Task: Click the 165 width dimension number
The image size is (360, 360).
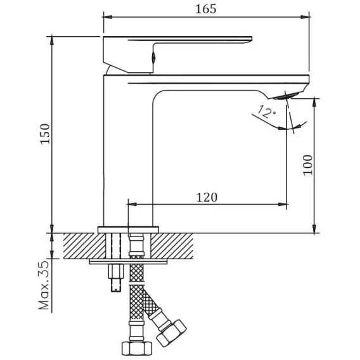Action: [x=206, y=9]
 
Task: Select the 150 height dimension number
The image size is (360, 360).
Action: [x=45, y=134]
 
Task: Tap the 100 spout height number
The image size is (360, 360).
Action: [x=307, y=165]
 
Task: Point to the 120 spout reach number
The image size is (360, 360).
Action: [x=207, y=198]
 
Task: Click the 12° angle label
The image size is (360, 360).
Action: [x=266, y=112]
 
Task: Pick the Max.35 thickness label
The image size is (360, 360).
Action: [x=44, y=285]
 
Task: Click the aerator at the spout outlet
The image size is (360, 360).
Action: [x=286, y=96]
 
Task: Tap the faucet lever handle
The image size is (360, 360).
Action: [x=177, y=54]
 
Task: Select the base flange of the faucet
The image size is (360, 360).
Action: [x=128, y=229]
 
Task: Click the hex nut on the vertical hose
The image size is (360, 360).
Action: [x=137, y=348]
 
